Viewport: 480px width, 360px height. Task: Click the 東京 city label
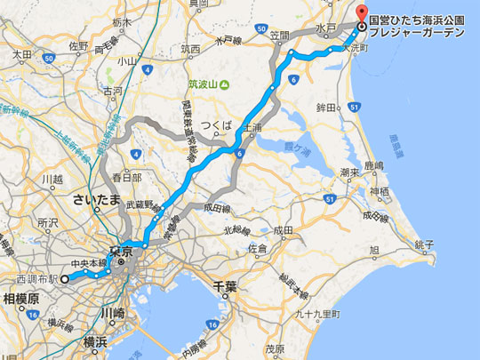point(120,252)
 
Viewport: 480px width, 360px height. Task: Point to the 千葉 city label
point(223,286)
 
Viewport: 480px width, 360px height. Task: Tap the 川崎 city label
point(112,313)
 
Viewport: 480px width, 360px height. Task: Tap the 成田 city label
point(284,230)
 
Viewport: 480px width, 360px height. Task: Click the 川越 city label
point(51,179)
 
